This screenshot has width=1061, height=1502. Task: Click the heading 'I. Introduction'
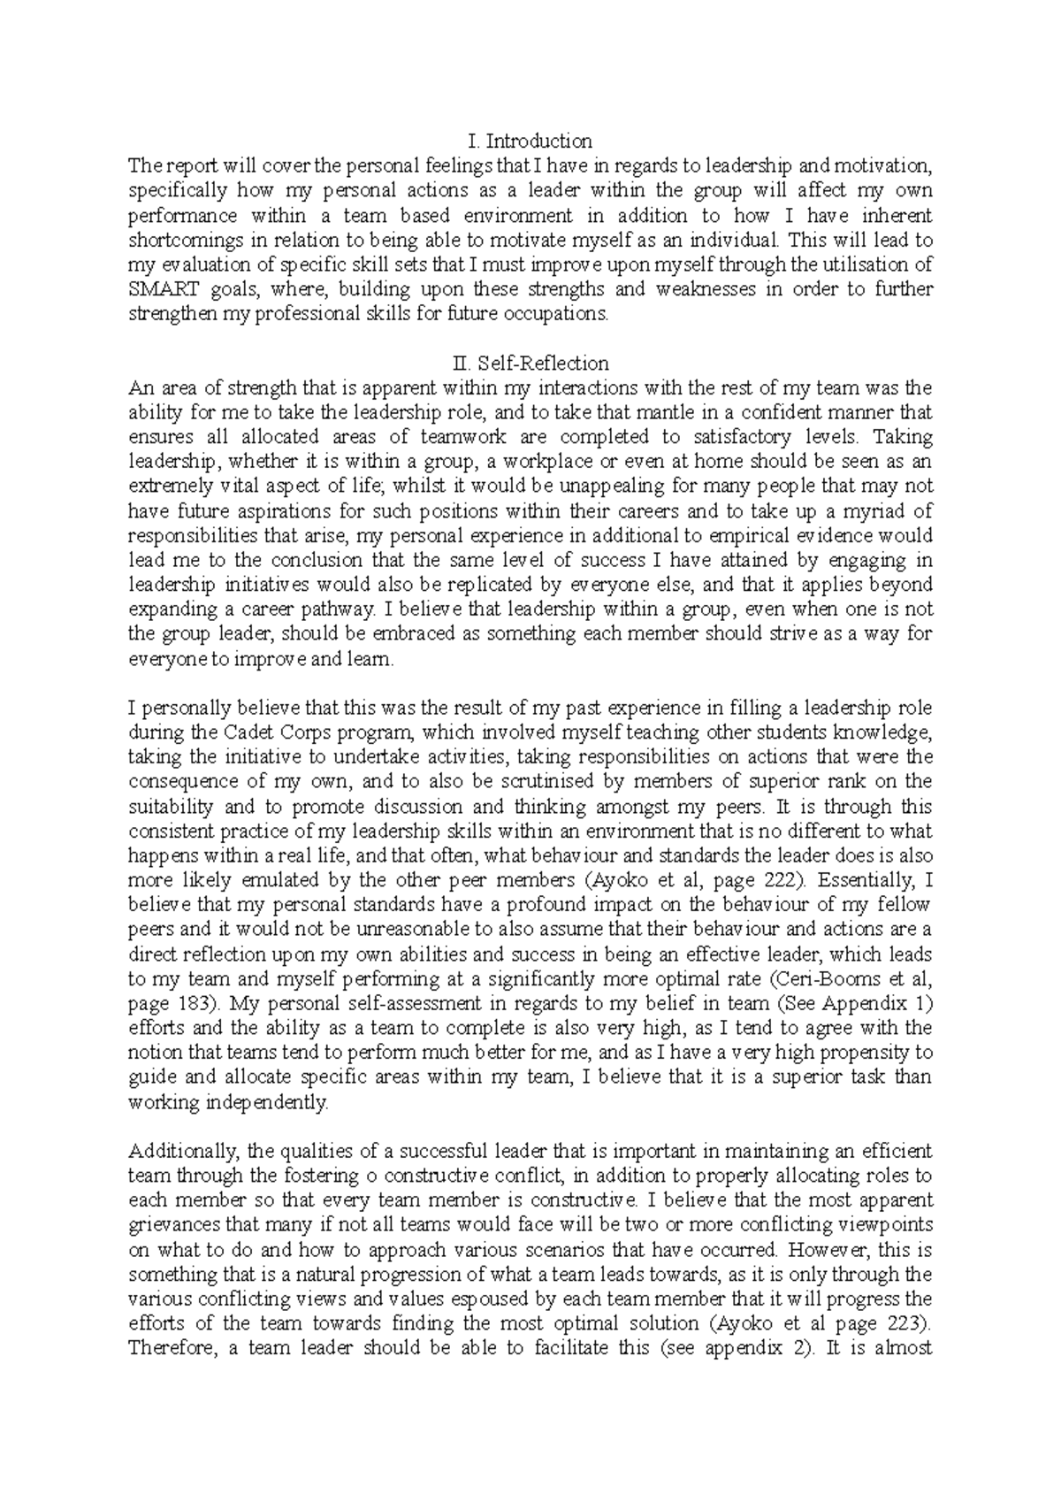530,141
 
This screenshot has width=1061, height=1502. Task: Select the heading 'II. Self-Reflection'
530,364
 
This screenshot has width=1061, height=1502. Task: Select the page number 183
189,1004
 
